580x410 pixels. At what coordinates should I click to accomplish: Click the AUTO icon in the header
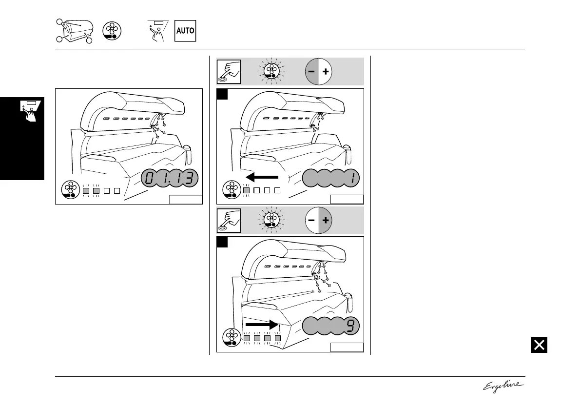coord(185,31)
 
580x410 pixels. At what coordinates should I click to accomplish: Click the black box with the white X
coord(539,345)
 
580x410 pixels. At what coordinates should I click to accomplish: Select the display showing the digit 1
coord(332,179)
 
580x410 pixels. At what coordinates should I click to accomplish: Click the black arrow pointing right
coord(261,324)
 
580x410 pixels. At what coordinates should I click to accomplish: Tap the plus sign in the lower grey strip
coord(326,220)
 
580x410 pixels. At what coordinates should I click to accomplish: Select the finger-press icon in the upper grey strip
coord(228,71)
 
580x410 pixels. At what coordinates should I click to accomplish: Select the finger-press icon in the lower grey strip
coord(228,220)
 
